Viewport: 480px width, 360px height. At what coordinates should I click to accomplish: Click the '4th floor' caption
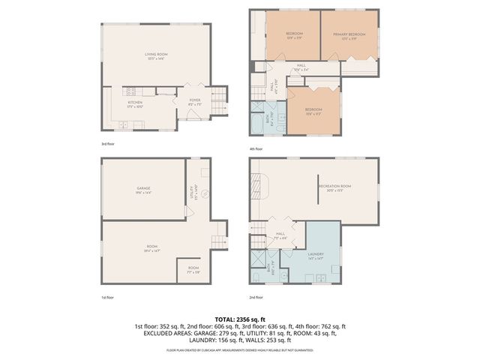point(256,148)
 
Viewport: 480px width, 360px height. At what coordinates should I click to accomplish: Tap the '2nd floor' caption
point(256,297)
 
